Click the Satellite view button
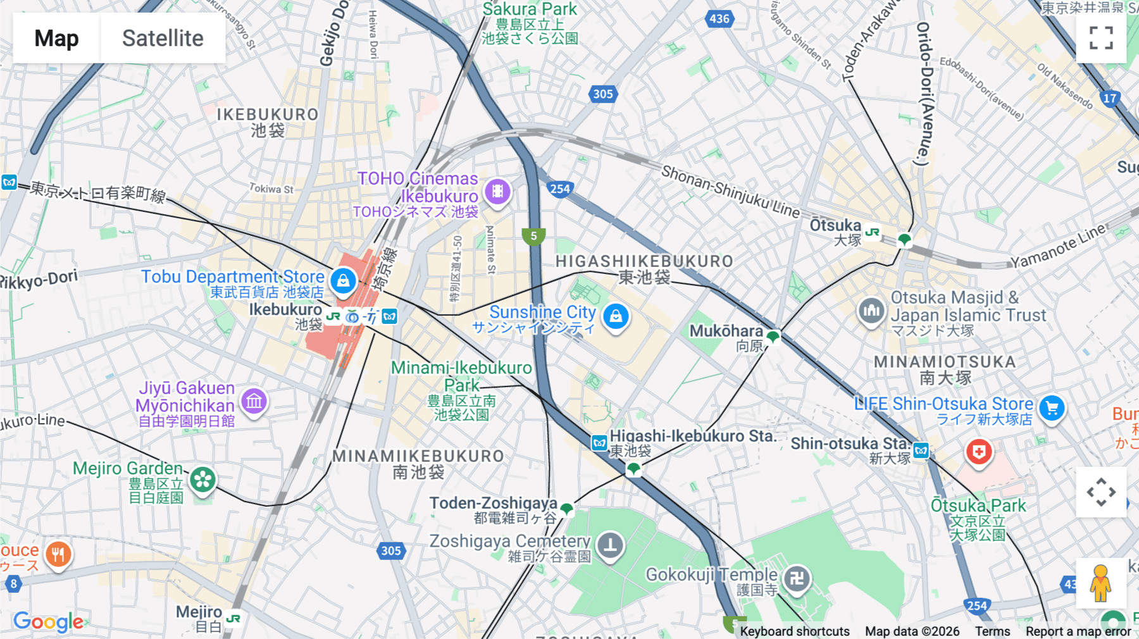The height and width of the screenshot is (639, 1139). (x=163, y=38)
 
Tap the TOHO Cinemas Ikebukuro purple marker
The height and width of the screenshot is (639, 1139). (x=497, y=191)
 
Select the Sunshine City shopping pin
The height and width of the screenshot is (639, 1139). (x=616, y=315)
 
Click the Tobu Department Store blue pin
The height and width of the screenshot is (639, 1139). (x=343, y=280)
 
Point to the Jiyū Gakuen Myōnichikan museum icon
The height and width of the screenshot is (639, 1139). (x=254, y=400)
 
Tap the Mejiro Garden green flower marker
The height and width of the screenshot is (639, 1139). (x=203, y=480)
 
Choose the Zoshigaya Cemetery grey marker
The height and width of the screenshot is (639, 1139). (x=610, y=545)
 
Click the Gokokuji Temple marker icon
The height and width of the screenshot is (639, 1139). (x=797, y=578)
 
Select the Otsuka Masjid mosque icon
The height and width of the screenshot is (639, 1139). (x=871, y=310)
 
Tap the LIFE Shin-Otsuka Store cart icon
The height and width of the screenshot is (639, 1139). (x=1052, y=408)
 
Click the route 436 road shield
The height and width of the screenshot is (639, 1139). (x=719, y=18)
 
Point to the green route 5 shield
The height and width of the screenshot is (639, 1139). (x=533, y=237)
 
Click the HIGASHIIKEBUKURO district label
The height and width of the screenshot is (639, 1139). (x=644, y=261)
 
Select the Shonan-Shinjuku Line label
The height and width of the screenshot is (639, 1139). (x=730, y=192)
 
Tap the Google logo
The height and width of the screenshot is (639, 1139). (x=48, y=622)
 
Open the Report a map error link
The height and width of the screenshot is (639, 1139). (x=1078, y=631)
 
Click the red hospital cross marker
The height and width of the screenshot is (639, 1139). (x=979, y=452)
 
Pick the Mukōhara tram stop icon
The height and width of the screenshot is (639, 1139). (x=773, y=337)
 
